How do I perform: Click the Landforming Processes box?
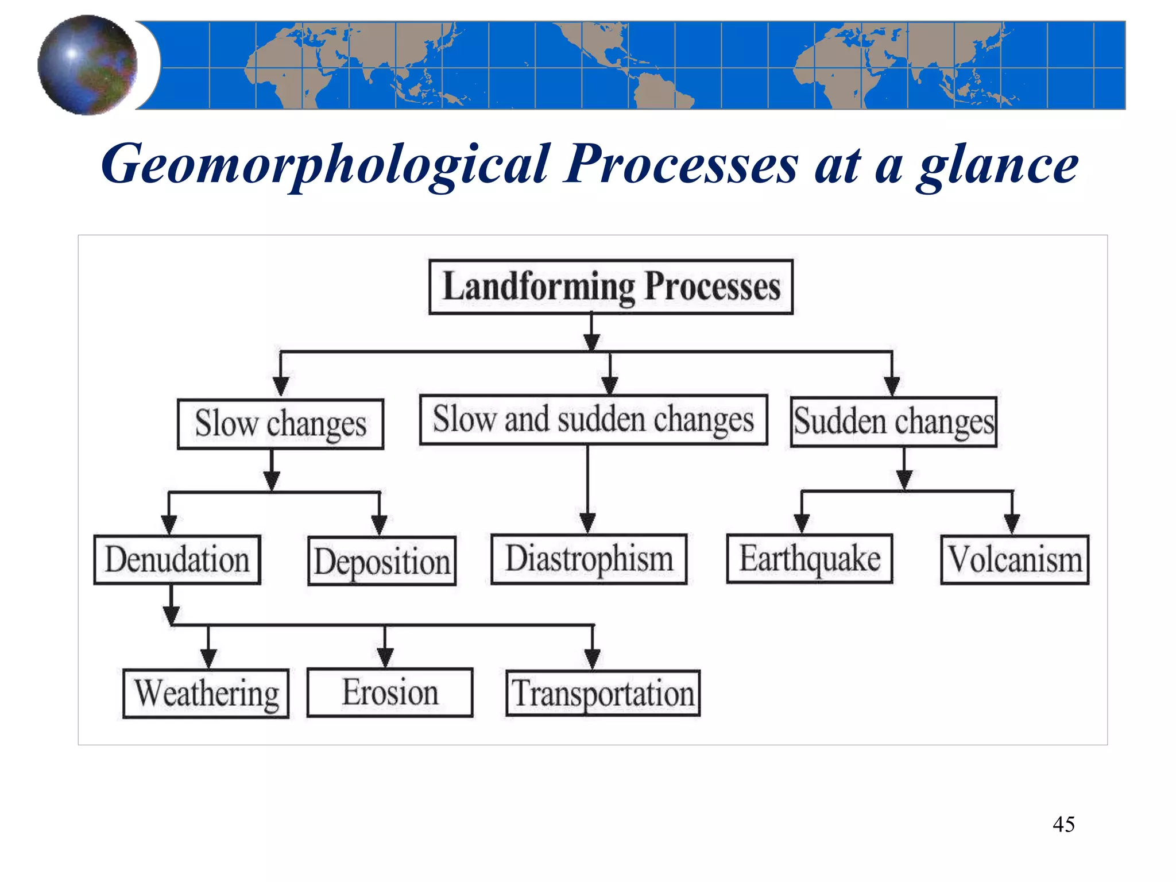click(611, 287)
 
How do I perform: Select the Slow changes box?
click(280, 424)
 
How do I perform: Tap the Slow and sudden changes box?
click(593, 420)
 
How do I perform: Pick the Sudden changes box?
click(893, 422)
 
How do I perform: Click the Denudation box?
click(177, 560)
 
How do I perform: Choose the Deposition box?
click(382, 561)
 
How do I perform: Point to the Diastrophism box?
click(589, 559)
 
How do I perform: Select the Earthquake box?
click(810, 559)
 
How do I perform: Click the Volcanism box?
click(1015, 560)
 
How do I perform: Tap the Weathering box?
click(206, 693)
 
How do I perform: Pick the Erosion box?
click(390, 693)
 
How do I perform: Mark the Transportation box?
click(603, 693)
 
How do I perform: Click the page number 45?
click(1063, 825)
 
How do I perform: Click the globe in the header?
click(87, 65)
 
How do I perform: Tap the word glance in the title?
click(998, 165)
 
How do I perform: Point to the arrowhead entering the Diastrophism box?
click(587, 523)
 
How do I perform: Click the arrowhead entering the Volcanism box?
click(1012, 523)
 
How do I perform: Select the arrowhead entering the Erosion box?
click(385, 657)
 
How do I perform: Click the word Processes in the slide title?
click(681, 165)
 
